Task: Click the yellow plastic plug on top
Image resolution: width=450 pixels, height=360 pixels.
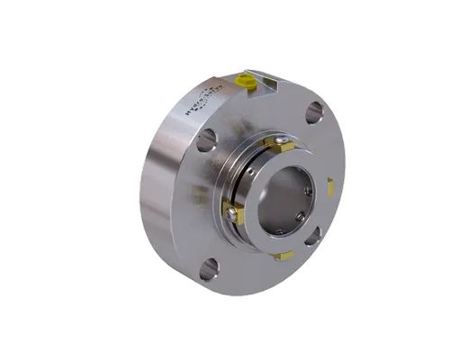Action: (x=243, y=82)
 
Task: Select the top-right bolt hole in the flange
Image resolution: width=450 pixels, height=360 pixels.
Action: (x=313, y=112)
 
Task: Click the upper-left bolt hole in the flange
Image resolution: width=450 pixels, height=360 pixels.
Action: (x=206, y=139)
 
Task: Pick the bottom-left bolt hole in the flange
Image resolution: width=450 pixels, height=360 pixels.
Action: (x=209, y=268)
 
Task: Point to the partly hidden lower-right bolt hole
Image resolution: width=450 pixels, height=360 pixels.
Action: (x=311, y=238)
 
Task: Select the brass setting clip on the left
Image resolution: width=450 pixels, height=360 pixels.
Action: (x=231, y=212)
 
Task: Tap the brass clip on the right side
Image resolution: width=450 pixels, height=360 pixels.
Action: (x=330, y=186)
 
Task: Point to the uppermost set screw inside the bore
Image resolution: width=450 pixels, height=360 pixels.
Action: (x=307, y=190)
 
